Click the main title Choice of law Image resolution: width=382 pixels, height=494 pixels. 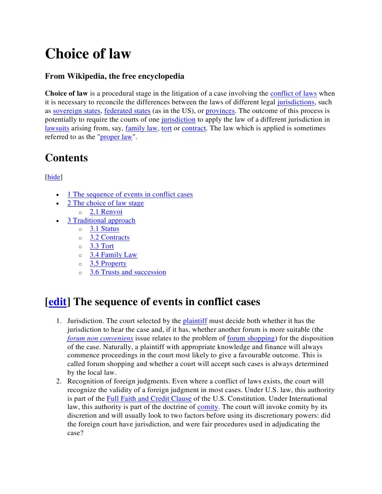pyautogui.click(x=88, y=54)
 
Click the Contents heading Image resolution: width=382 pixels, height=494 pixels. pyautogui.click(x=66, y=158)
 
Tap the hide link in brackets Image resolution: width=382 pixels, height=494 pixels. pyautogui.click(x=54, y=177)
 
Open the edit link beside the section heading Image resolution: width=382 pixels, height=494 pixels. pyautogui.click(x=57, y=302)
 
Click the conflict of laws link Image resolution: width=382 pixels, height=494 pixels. pyautogui.click(x=293, y=93)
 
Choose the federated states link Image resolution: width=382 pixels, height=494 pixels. pyautogui.click(x=127, y=111)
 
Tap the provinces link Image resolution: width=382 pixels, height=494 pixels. pyautogui.click(x=220, y=111)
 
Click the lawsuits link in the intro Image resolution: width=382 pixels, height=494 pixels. pyautogui.click(x=57, y=128)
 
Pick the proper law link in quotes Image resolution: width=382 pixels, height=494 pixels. pyautogui.click(x=116, y=137)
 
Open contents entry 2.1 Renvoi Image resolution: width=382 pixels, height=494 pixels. pyautogui.click(x=106, y=212)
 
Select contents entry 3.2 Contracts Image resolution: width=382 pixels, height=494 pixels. pyautogui.click(x=109, y=237)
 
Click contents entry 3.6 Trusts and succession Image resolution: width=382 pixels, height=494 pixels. pyautogui.click(x=127, y=272)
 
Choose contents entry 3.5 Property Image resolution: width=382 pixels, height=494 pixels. pyautogui.click(x=108, y=263)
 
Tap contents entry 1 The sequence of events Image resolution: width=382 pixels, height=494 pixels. pyautogui.click(x=130, y=194)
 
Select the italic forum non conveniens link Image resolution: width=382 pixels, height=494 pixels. pyautogui.click(x=100, y=338)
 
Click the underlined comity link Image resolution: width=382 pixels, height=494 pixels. pyautogui.click(x=208, y=407)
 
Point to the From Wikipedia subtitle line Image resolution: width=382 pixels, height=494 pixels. pyautogui.click(x=114, y=76)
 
